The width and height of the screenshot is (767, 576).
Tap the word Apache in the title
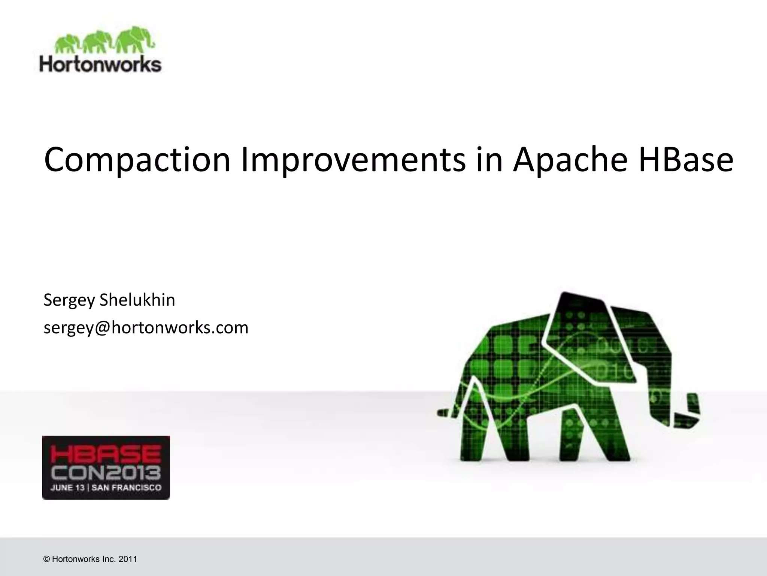point(570,160)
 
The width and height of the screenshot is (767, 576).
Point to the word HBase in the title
point(686,160)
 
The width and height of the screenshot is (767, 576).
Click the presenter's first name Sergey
point(69,300)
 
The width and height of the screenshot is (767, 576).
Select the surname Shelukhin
point(137,300)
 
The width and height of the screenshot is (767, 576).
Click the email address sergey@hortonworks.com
point(146,327)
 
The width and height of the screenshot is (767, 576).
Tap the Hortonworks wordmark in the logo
point(100,64)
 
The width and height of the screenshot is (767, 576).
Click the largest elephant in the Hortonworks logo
point(133,39)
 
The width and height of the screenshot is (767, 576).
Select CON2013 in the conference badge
point(106,473)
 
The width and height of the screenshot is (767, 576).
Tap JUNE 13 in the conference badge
point(67,488)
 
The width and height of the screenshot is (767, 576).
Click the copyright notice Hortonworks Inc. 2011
point(90,559)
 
